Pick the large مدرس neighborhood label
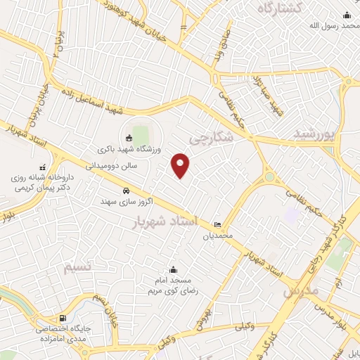coord(301,290)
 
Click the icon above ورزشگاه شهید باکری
coord(128,138)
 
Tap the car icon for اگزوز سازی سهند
coord(125,191)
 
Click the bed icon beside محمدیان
coord(217,224)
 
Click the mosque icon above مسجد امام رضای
coord(174,269)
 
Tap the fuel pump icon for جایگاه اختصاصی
coord(64,319)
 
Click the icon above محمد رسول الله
coord(345,15)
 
